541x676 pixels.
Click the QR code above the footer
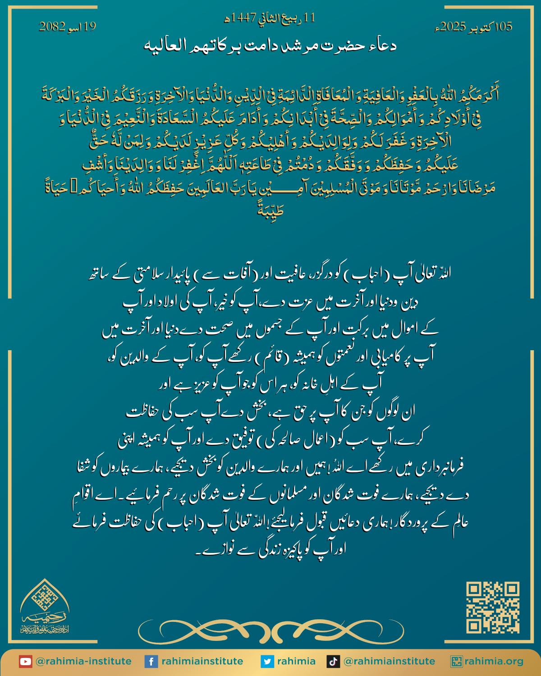[x=492, y=607]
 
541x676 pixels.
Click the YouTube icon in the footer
[x=25, y=662]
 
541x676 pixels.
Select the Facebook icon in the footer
[x=151, y=662]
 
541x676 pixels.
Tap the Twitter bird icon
[x=267, y=662]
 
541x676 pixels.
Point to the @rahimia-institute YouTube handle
[x=83, y=662]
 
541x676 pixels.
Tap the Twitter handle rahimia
[x=296, y=662]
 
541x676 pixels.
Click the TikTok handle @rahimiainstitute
[x=389, y=662]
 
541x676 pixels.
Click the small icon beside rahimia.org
[x=456, y=662]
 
